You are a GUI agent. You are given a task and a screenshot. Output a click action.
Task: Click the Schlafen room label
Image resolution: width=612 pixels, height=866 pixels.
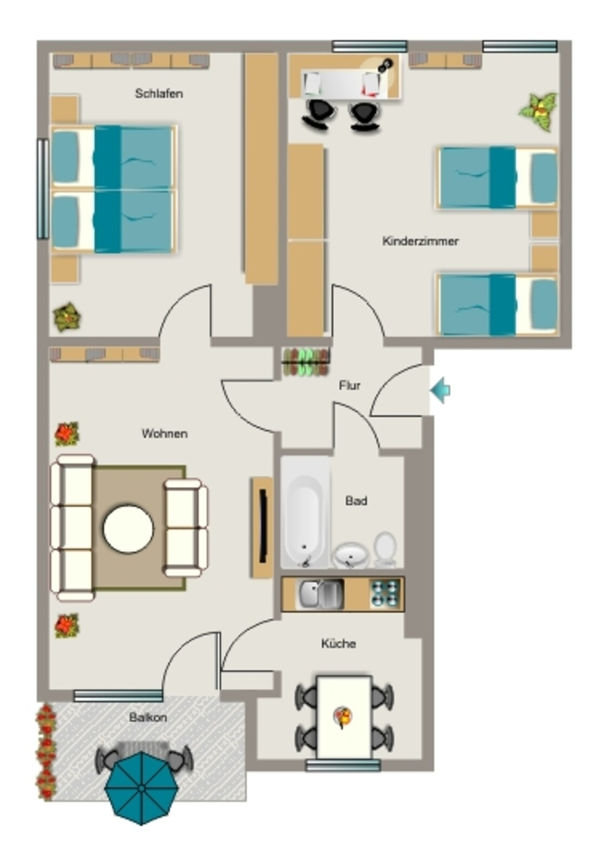(x=159, y=93)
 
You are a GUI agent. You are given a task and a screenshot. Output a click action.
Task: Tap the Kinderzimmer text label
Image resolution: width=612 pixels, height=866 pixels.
(x=420, y=241)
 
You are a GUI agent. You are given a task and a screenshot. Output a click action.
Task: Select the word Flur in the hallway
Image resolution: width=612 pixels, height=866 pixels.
(x=350, y=386)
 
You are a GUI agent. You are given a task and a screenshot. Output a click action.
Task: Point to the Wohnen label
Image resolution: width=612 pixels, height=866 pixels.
(x=165, y=434)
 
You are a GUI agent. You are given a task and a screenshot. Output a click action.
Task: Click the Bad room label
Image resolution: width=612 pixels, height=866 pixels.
(x=356, y=501)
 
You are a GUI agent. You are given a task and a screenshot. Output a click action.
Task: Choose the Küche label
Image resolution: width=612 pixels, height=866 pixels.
(x=338, y=644)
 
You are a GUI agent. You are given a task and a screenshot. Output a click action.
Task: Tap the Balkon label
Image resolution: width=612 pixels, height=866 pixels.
(x=148, y=717)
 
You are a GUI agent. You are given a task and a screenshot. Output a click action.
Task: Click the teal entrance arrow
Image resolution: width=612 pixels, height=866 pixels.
(x=440, y=390)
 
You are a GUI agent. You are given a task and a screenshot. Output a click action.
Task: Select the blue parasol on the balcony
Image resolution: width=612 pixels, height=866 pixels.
(x=142, y=788)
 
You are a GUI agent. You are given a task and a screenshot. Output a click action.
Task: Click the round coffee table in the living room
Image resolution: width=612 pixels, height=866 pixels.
(x=128, y=529)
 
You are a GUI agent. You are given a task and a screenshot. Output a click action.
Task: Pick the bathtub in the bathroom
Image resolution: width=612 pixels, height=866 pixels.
(x=304, y=512)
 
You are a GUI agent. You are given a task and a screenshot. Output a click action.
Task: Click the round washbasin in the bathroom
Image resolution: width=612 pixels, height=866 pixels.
(x=351, y=555)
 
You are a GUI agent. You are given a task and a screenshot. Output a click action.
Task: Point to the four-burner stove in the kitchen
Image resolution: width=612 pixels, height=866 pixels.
(x=385, y=594)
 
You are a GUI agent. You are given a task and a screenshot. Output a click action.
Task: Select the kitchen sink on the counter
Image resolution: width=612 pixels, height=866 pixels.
(x=320, y=594)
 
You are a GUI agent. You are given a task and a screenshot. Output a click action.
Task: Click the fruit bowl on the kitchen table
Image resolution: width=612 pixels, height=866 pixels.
(x=343, y=717)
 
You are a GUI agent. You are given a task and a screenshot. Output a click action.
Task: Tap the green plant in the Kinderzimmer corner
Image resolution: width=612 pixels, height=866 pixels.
(x=538, y=112)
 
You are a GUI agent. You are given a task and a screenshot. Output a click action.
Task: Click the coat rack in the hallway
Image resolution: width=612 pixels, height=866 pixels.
(x=306, y=362)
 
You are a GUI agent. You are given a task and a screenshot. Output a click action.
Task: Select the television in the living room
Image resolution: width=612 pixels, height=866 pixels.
(x=263, y=527)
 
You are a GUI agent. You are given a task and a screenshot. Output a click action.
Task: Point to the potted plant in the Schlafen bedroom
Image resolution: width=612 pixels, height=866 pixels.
(x=67, y=317)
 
